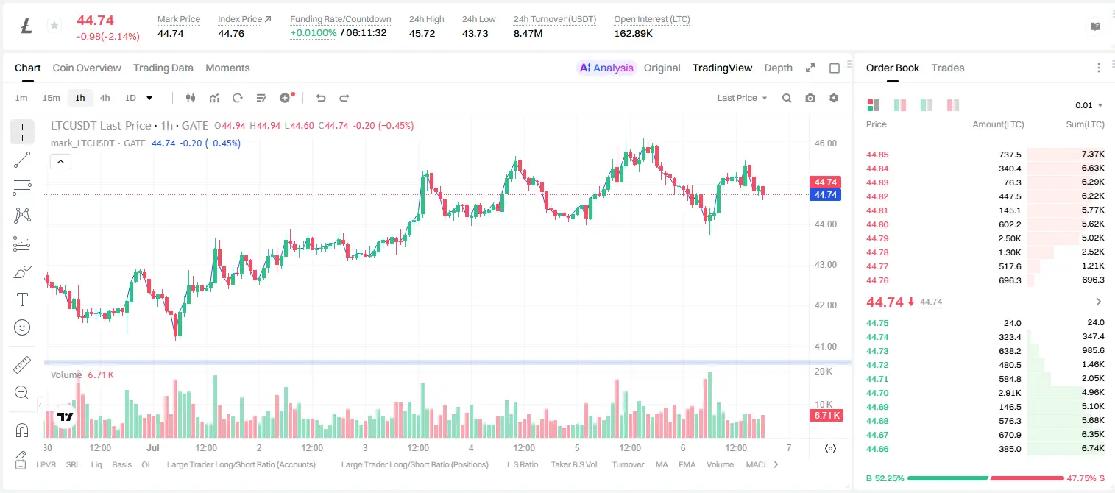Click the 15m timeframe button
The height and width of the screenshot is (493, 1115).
click(51, 98)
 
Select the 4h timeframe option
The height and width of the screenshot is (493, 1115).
click(105, 98)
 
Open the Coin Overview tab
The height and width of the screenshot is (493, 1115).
click(87, 68)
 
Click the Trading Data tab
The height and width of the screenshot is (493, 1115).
click(163, 68)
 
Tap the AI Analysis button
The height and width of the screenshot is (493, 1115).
click(606, 68)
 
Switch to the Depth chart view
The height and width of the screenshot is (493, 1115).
click(778, 68)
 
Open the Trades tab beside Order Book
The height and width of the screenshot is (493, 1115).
click(948, 68)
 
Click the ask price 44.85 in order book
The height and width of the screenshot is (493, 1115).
click(877, 155)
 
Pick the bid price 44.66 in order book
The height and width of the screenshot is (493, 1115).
click(877, 449)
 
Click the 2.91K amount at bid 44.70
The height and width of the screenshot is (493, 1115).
click(1010, 393)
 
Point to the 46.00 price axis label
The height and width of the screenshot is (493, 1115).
click(825, 143)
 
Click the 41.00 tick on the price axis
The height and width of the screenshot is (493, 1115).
click(825, 347)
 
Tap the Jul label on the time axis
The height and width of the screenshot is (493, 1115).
click(153, 447)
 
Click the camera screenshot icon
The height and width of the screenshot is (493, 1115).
click(810, 98)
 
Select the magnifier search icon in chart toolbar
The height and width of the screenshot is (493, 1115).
click(787, 98)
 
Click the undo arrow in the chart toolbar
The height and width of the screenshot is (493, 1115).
click(321, 98)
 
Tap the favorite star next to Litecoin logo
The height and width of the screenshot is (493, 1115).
click(54, 25)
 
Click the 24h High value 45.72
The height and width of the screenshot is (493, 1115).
click(422, 33)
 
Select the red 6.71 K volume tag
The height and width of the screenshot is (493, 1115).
click(826, 416)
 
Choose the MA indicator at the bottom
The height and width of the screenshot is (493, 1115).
click(662, 464)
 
